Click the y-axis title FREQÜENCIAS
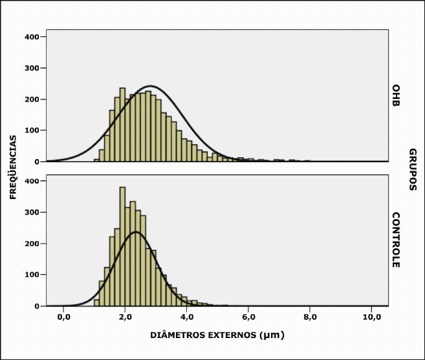coord(13,167)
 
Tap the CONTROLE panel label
coord(396,240)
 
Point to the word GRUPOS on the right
coord(412,170)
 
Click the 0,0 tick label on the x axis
coord(63,317)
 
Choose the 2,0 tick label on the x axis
coord(125,317)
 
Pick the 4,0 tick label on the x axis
coord(187,317)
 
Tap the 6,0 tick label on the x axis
coord(248,317)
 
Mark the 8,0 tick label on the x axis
coord(310,317)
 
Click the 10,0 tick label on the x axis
coord(371,317)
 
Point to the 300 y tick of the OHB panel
coord(33,68)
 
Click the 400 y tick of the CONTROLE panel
coord(33,181)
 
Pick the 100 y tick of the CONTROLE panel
coord(33,275)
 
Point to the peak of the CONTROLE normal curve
coord(136,232)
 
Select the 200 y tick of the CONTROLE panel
coord(33,244)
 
